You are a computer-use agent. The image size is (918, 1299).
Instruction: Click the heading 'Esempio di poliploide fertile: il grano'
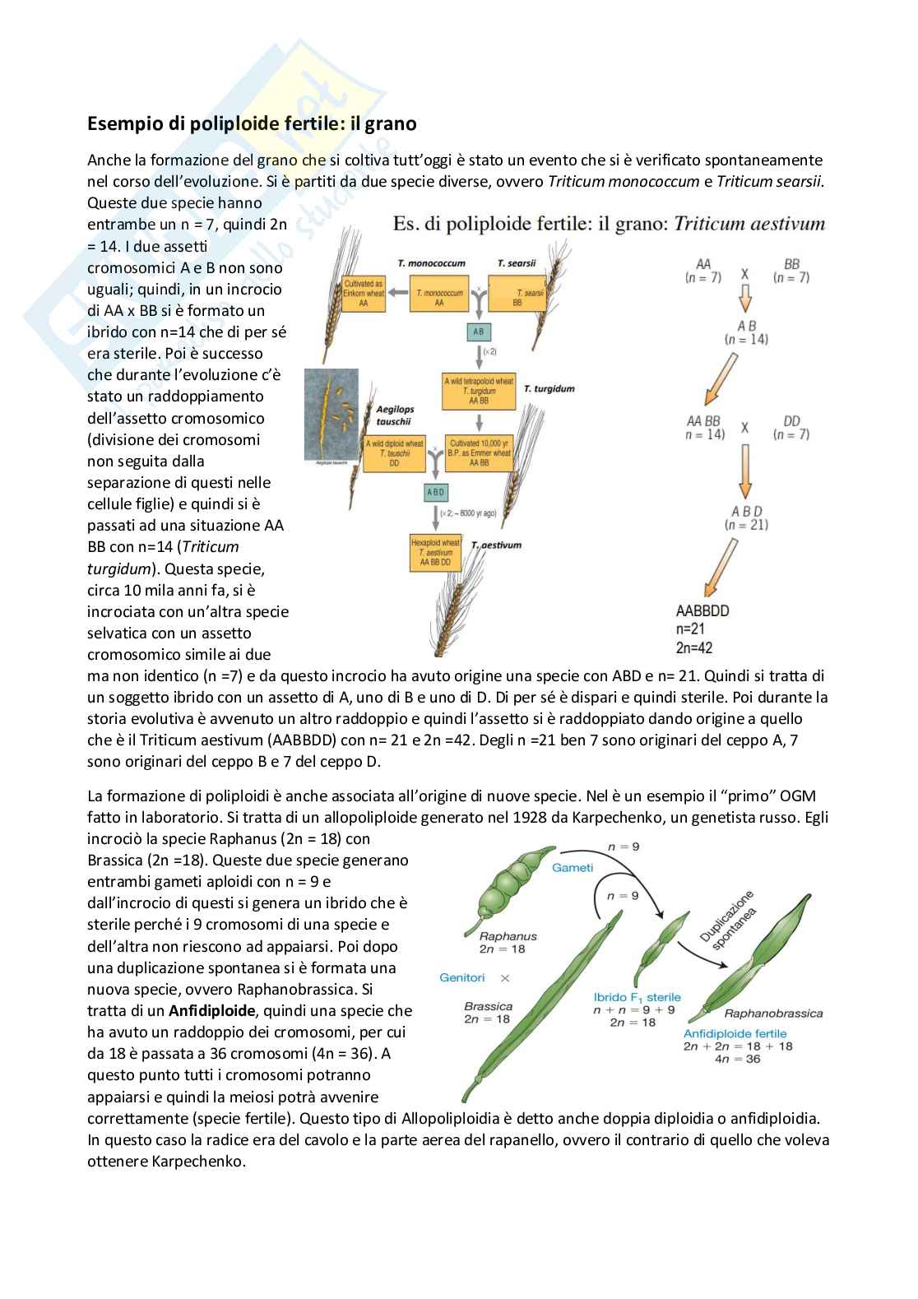pyautogui.click(x=252, y=124)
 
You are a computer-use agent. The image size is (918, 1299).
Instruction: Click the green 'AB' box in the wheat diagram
pyautogui.click(x=478, y=332)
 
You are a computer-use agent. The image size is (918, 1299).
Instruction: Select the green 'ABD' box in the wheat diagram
pyautogui.click(x=435, y=492)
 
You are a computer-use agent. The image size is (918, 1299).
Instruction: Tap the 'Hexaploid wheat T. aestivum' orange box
pyautogui.click(x=435, y=553)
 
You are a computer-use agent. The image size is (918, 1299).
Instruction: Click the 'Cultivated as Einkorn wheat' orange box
pyautogui.click(x=363, y=293)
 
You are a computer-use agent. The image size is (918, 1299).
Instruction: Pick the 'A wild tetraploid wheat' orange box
pyautogui.click(x=478, y=392)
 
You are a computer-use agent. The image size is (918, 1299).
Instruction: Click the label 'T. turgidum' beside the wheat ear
pyautogui.click(x=549, y=388)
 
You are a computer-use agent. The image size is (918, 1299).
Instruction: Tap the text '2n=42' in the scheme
pyautogui.click(x=694, y=647)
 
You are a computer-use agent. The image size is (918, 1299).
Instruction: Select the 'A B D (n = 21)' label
pyautogui.click(x=746, y=517)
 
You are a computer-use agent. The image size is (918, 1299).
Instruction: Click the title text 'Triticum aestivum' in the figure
pyautogui.click(x=749, y=224)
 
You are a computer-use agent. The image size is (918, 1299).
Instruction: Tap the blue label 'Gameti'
pyautogui.click(x=573, y=867)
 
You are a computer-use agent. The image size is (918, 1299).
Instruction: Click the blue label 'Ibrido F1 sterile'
pyautogui.click(x=637, y=997)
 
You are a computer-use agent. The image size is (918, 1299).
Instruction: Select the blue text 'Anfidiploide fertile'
pyautogui.click(x=735, y=1033)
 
